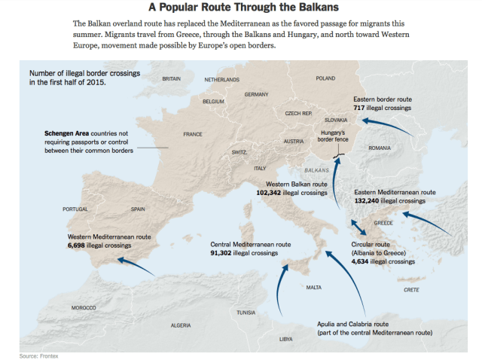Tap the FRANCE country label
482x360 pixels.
193,134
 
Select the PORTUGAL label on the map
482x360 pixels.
75,209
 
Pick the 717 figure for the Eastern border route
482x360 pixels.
359,108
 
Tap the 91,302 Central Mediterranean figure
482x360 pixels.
224,254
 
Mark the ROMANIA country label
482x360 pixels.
380,148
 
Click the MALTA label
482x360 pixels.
314,288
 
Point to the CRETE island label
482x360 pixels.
411,290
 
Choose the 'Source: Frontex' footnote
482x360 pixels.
38,355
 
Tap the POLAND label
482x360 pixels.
325,78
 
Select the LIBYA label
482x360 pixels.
286,339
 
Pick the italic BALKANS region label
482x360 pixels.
316,171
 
